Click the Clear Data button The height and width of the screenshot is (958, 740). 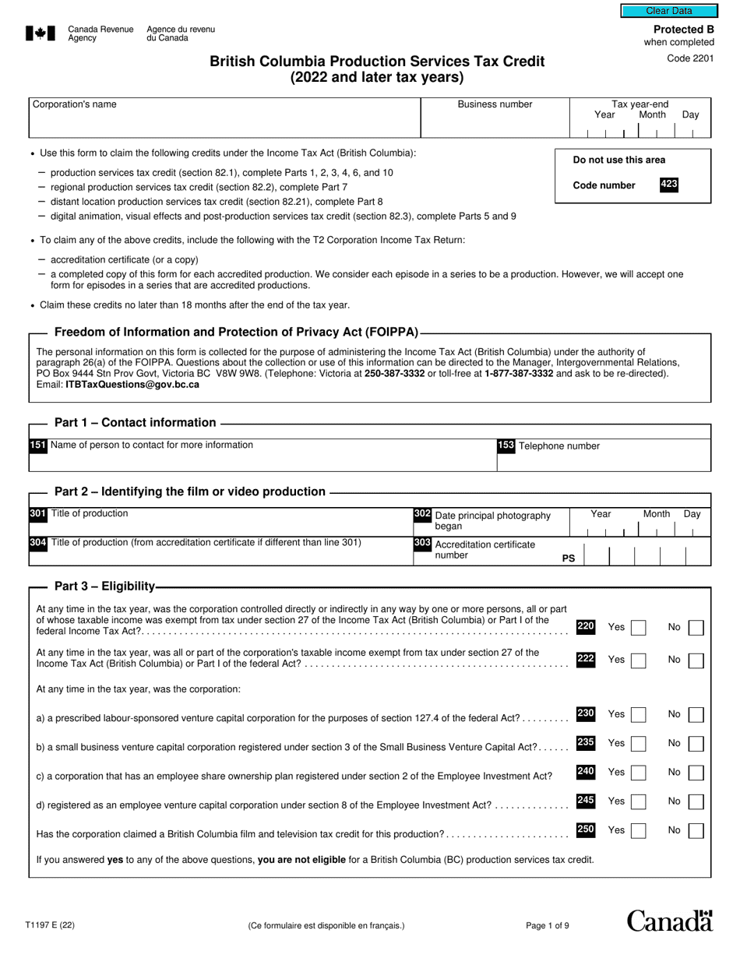668,11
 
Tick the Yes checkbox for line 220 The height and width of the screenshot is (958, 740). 638,628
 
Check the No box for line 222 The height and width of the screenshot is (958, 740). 696,660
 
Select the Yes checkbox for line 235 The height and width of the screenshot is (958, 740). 638,744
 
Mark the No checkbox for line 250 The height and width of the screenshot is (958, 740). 696,831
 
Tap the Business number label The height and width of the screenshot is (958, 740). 495,104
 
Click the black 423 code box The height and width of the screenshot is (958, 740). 668,185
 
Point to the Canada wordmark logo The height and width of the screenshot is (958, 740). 669,921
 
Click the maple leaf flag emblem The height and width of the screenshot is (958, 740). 41,33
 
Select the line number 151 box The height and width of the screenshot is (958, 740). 37,446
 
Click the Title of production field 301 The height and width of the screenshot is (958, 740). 218,520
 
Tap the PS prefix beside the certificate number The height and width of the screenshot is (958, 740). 569,558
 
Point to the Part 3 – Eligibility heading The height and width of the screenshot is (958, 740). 104,586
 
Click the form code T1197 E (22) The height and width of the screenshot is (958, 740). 50,926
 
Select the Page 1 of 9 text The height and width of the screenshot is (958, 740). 547,926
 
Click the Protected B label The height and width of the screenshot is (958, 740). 683,30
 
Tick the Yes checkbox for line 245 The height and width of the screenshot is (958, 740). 638,802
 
